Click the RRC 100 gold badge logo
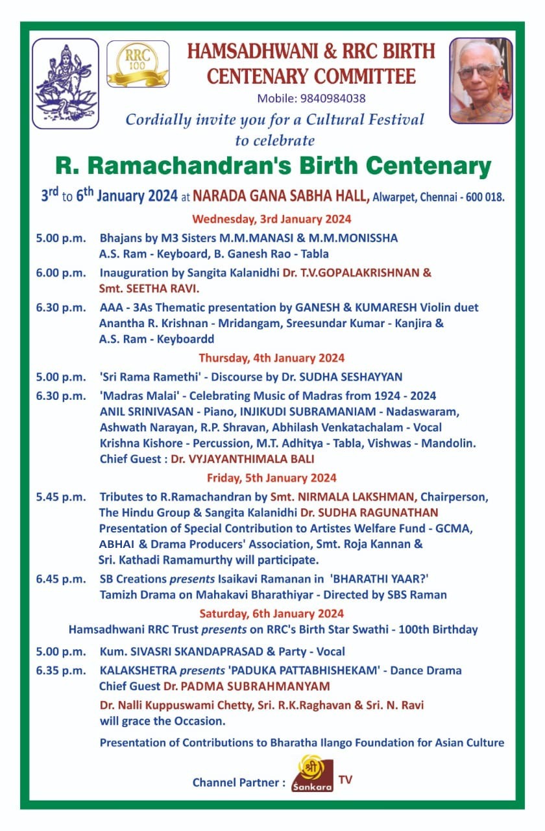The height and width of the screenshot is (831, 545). point(138,64)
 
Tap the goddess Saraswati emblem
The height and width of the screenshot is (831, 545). point(65,83)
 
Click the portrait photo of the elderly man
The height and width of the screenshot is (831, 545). point(481,80)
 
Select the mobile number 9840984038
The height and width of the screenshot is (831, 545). point(333,99)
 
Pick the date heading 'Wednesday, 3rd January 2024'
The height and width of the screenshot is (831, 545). point(272,219)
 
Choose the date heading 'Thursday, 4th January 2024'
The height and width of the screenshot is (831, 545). point(272,358)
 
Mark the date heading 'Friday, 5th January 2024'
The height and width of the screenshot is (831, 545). point(272,478)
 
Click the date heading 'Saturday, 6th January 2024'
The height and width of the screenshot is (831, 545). point(272,614)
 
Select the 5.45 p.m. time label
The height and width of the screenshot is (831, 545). point(60,497)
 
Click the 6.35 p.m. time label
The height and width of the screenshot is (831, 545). point(60,670)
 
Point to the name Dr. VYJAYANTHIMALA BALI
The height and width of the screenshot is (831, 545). point(242,459)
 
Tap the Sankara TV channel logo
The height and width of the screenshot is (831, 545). point(312,774)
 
